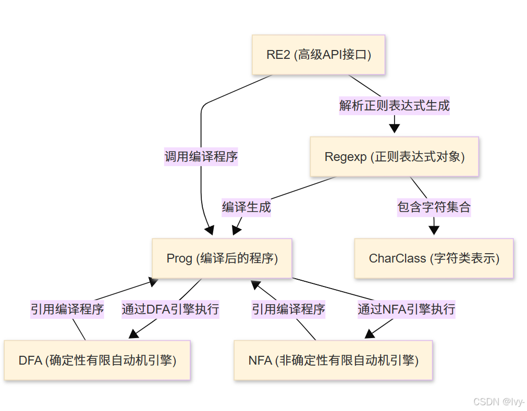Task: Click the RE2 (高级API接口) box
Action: click(318, 55)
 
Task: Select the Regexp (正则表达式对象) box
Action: click(394, 157)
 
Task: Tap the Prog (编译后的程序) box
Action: click(222, 258)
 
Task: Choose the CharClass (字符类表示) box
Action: click(434, 258)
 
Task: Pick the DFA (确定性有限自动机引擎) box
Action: click(97, 360)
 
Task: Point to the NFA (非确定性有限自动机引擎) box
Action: click(333, 360)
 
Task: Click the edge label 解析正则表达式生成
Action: click(394, 106)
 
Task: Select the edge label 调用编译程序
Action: click(201, 156)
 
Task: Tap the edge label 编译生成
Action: click(246, 207)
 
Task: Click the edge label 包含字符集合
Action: click(434, 207)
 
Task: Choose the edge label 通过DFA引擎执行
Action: click(170, 309)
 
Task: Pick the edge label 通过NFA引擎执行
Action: click(406, 309)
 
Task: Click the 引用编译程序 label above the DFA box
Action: click(67, 309)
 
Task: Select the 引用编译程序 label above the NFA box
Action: click(288, 309)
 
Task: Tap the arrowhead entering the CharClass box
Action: click(434, 230)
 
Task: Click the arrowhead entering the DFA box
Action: click(133, 334)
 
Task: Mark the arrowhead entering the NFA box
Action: click(370, 334)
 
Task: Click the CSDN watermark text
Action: click(498, 402)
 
